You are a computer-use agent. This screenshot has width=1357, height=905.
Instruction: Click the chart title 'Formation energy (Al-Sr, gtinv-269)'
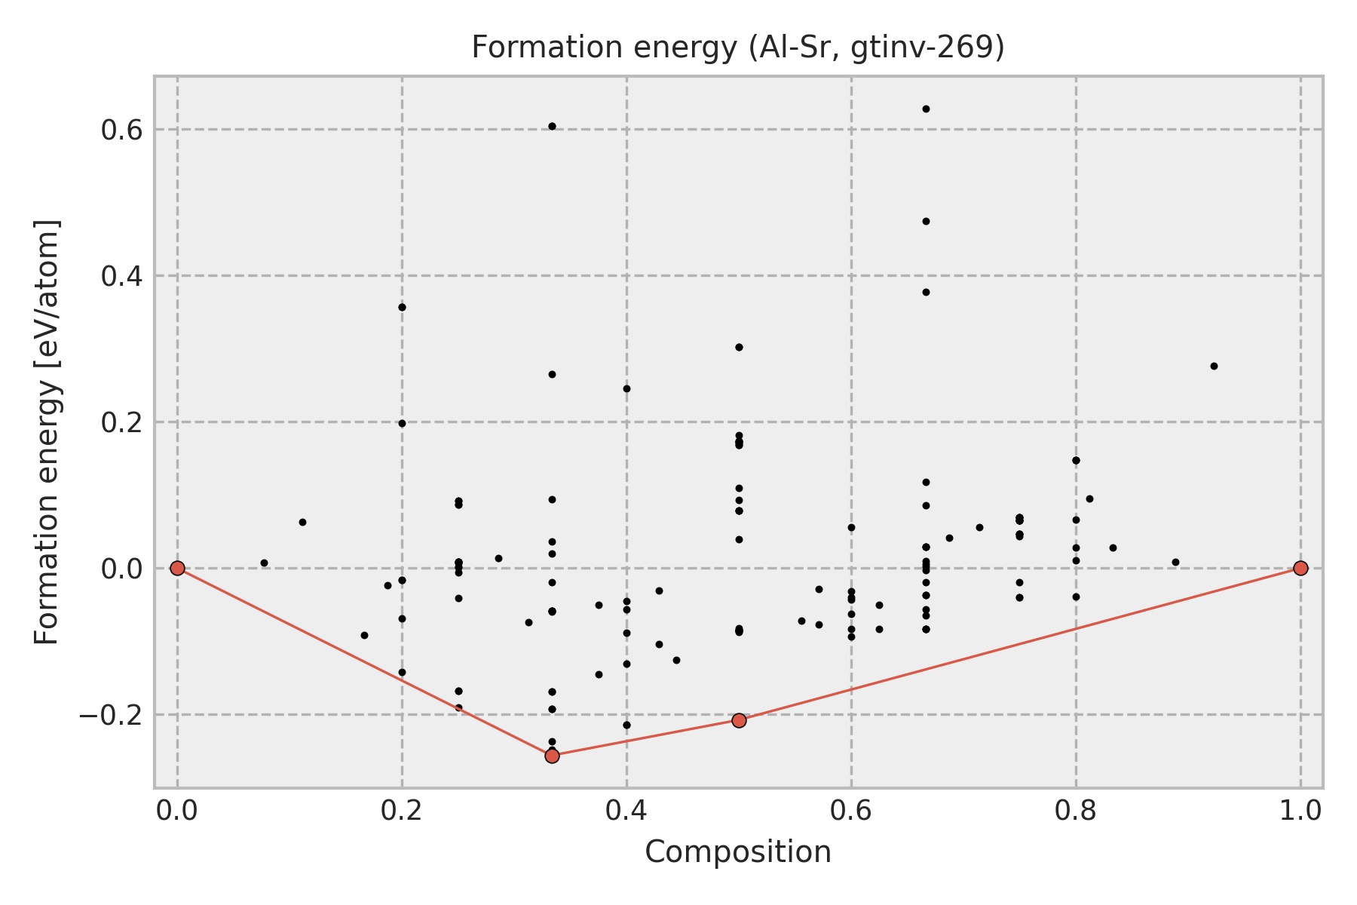[738, 48]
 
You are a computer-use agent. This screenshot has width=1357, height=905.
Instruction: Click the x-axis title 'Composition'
[738, 853]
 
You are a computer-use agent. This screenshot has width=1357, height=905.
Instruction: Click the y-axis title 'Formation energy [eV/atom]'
[47, 432]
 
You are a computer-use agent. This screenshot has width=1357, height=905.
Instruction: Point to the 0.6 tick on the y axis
[122, 130]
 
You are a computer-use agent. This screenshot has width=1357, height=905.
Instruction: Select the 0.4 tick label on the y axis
[122, 276]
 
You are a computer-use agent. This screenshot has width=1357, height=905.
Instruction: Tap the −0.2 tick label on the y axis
[110, 715]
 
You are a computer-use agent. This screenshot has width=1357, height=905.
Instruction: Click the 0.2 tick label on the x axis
[402, 811]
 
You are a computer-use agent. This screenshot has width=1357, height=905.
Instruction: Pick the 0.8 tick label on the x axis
[1076, 811]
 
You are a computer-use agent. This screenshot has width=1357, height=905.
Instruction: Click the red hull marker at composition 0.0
[177, 568]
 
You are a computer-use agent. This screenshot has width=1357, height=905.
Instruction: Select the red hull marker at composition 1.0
[1300, 568]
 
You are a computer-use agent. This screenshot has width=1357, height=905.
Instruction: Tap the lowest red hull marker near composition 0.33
[552, 756]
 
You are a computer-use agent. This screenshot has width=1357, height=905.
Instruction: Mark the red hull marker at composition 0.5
[739, 720]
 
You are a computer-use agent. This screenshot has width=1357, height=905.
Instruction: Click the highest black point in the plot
[926, 109]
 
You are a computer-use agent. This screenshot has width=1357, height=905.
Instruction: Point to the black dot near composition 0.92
[1214, 366]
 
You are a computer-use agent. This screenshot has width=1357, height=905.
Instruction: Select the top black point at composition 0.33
[552, 126]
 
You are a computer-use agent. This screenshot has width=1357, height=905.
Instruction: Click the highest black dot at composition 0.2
[402, 307]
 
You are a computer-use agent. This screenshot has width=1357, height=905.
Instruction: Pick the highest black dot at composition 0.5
[739, 347]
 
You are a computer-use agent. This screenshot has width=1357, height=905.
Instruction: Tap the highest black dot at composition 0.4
[626, 388]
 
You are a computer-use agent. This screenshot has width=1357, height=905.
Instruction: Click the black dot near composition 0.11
[302, 522]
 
